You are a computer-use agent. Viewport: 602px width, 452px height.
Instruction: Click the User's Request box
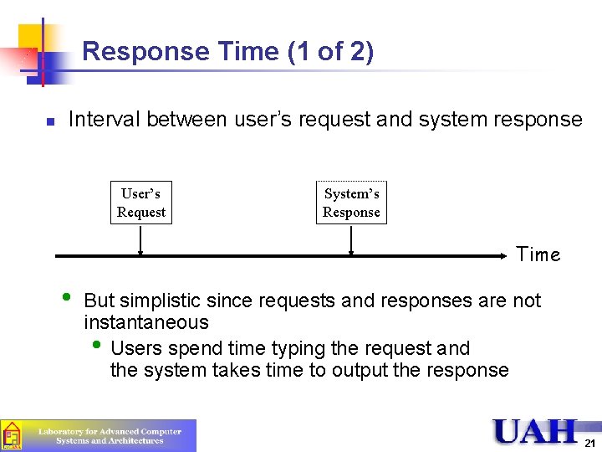tap(141, 203)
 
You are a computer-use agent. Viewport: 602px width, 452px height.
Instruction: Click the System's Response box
tap(351, 203)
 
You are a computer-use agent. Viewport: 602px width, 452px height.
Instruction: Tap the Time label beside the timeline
tap(538, 254)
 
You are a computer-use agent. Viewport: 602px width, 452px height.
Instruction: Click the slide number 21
tap(589, 443)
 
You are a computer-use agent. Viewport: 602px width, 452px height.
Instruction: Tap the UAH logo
tap(535, 431)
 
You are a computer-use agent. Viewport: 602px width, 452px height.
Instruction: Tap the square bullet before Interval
tap(50, 121)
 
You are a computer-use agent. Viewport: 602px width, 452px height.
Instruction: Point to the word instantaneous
tap(146, 322)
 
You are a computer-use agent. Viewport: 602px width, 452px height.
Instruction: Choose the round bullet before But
tap(67, 297)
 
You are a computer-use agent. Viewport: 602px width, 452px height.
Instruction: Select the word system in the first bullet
tap(451, 120)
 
